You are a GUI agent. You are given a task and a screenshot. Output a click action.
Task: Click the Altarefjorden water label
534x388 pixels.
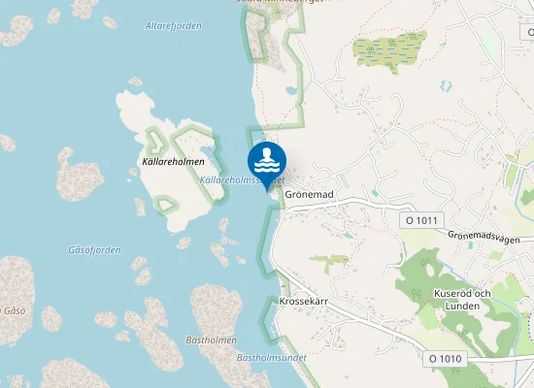173,26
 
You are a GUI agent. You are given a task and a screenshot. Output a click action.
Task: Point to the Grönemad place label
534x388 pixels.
310,195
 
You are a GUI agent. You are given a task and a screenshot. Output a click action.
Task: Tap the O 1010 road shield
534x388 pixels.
446,359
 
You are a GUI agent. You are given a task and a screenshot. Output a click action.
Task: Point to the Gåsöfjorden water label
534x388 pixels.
94,250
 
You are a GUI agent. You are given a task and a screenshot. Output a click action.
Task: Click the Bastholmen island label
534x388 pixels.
206,341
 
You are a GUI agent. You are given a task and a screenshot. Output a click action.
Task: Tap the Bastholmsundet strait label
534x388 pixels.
272,357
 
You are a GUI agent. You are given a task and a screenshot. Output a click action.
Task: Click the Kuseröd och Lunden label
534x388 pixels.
463,299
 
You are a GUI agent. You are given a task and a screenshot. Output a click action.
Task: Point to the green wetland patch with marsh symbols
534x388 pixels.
389,51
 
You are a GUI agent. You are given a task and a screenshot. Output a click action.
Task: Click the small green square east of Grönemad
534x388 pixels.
374,193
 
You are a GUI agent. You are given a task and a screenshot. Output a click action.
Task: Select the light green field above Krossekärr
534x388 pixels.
328,260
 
